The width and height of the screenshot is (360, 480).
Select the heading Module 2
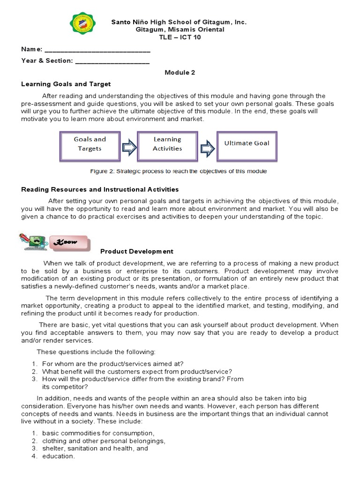(x=180, y=73)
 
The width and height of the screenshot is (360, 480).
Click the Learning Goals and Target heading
(x=66, y=84)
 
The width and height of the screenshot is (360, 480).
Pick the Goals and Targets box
(x=90, y=144)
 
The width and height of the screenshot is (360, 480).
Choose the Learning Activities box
(x=167, y=144)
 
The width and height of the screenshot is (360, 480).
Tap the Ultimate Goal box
(x=247, y=144)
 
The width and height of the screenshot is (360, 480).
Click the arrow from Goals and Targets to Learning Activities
(x=128, y=148)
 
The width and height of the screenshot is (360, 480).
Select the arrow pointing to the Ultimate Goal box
(x=207, y=148)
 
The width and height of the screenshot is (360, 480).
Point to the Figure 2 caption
(x=178, y=172)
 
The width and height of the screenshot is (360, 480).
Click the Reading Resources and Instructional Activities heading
(x=100, y=190)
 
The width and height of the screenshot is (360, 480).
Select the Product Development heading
(x=137, y=252)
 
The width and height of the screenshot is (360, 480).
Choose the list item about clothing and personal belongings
(x=103, y=441)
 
